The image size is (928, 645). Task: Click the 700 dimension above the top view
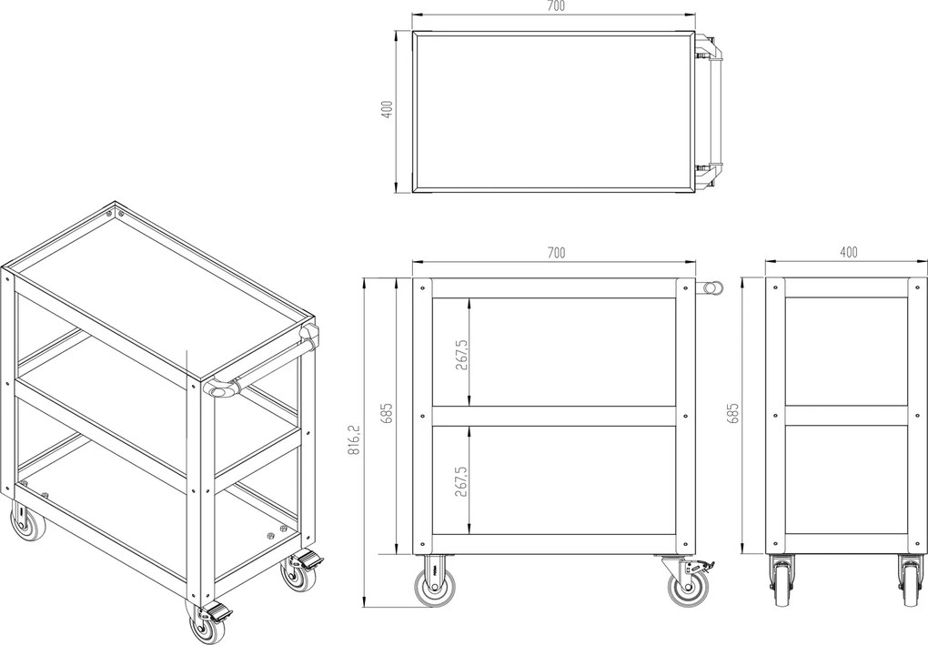(x=555, y=6)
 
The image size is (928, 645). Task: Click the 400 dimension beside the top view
(x=387, y=109)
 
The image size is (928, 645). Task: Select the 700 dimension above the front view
(x=556, y=253)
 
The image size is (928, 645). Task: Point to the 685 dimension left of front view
(x=387, y=413)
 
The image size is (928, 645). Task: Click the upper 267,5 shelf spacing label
(x=461, y=355)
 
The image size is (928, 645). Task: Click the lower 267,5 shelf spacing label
(x=461, y=480)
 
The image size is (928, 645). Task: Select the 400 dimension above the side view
(x=848, y=253)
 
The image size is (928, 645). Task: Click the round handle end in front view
(x=713, y=287)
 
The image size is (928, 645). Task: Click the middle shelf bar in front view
(x=554, y=416)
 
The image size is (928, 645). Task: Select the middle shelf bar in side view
(x=846, y=416)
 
